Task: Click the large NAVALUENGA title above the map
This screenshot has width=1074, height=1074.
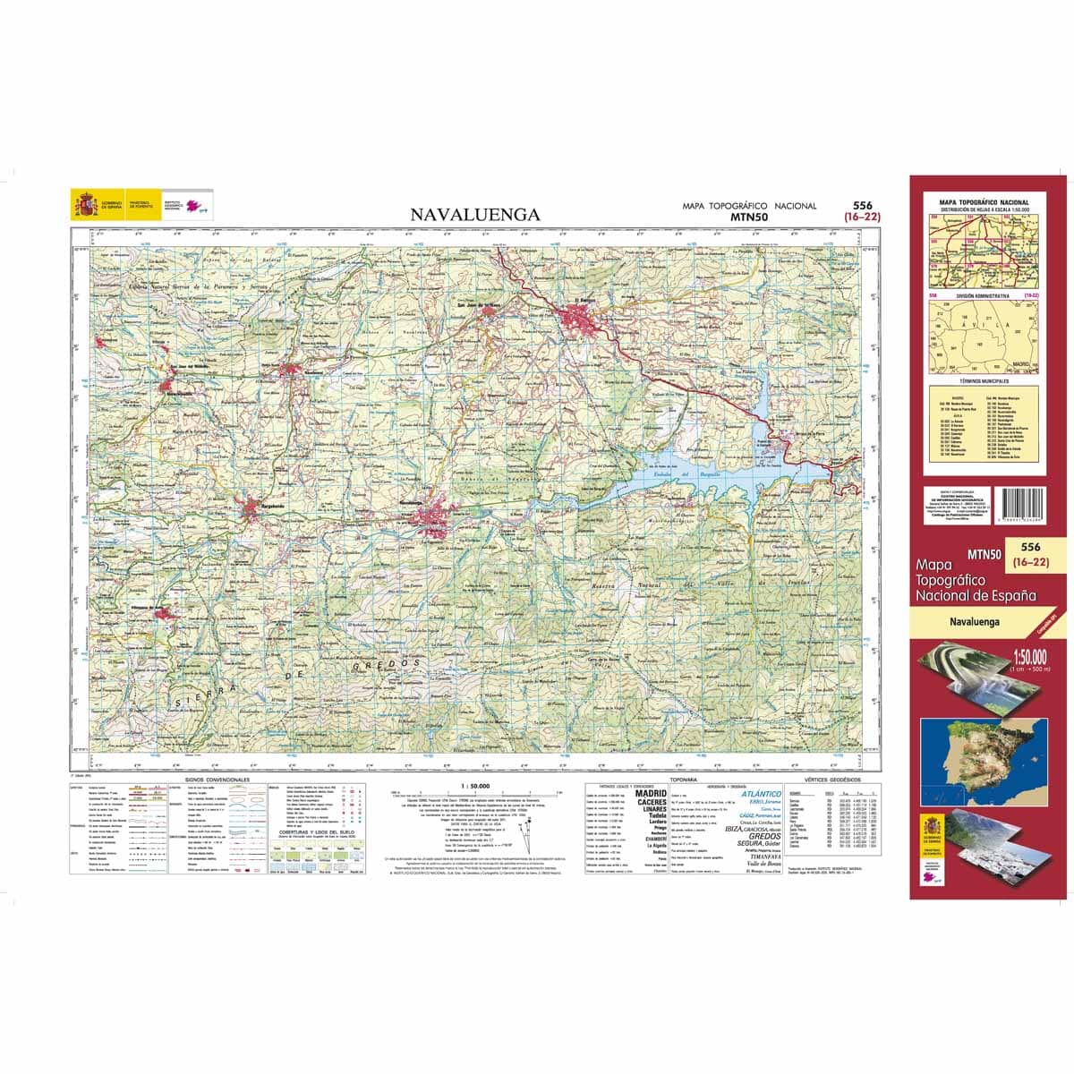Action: (475, 215)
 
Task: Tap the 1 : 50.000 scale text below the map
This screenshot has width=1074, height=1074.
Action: (474, 785)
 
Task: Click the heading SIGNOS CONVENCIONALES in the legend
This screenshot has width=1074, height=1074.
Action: (212, 780)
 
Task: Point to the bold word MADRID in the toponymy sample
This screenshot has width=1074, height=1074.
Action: (650, 793)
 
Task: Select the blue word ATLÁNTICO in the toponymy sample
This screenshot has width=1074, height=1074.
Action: (762, 793)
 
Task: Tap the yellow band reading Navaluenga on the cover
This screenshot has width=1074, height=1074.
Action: (975, 620)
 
